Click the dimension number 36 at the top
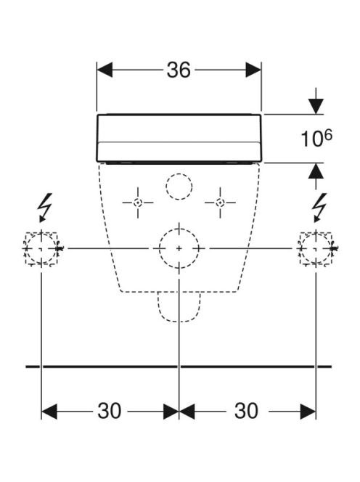[x=179, y=70]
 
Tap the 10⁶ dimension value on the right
[x=316, y=138]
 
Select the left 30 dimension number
[x=110, y=411]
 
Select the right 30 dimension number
[x=246, y=411]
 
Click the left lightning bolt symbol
[x=44, y=208]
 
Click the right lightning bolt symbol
[x=319, y=208]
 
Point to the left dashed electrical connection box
[x=41, y=233]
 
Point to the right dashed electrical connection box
[x=316, y=233]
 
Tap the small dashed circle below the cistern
[x=179, y=173]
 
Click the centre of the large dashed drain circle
[x=179, y=248]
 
